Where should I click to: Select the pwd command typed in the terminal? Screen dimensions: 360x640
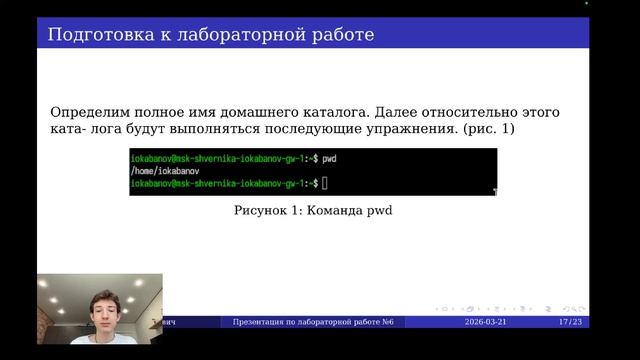[x=329, y=158]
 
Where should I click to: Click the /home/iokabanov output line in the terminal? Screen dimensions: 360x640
[x=159, y=171]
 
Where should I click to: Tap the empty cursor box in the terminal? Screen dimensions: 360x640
[x=325, y=184]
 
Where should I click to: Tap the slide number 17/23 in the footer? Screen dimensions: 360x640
[x=570, y=322]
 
